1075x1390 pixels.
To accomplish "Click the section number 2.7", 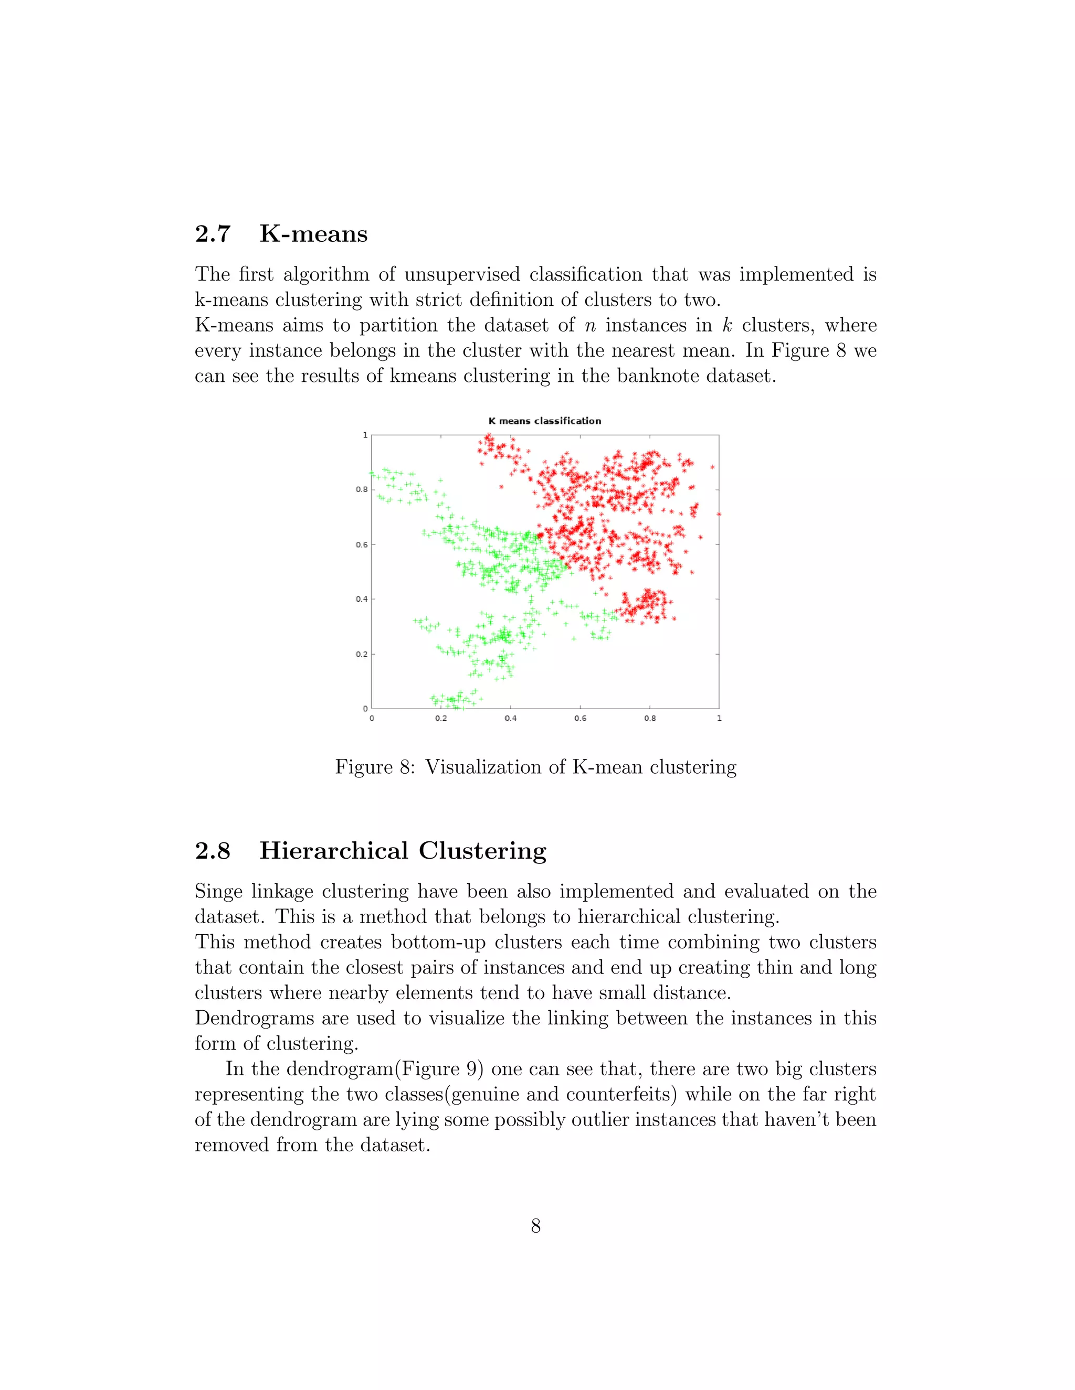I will tap(212, 234).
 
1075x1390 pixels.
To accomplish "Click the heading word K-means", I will tap(313, 234).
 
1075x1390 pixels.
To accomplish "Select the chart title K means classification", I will tap(544, 421).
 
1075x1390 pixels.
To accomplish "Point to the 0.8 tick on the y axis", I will tap(362, 489).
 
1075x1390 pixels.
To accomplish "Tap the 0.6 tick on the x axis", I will tap(580, 719).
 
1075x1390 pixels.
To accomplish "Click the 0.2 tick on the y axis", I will tap(362, 654).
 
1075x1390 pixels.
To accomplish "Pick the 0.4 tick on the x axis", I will tap(511, 719).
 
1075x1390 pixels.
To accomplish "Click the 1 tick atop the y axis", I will tap(365, 435).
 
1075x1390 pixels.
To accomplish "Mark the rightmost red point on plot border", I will tap(719, 514).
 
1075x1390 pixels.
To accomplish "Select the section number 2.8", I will tap(212, 851).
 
